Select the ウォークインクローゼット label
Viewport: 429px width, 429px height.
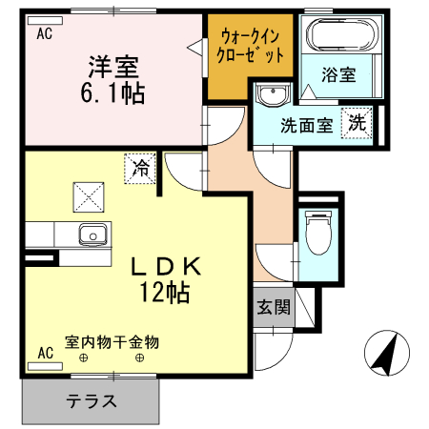pyautogui.click(x=253, y=46)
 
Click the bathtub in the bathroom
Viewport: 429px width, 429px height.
pyautogui.click(x=341, y=37)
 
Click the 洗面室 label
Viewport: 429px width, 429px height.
pyautogui.click(x=305, y=125)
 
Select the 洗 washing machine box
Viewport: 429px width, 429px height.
pyautogui.click(x=357, y=122)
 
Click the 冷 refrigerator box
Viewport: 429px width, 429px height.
pyautogui.click(x=140, y=170)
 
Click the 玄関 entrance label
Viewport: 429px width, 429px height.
pyautogui.click(x=273, y=307)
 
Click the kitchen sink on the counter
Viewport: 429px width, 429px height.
pyautogui.click(x=93, y=233)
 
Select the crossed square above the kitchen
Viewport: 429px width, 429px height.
pyautogui.click(x=91, y=196)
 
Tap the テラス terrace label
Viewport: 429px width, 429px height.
pyautogui.click(x=92, y=400)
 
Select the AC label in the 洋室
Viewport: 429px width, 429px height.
pyautogui.click(x=43, y=34)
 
